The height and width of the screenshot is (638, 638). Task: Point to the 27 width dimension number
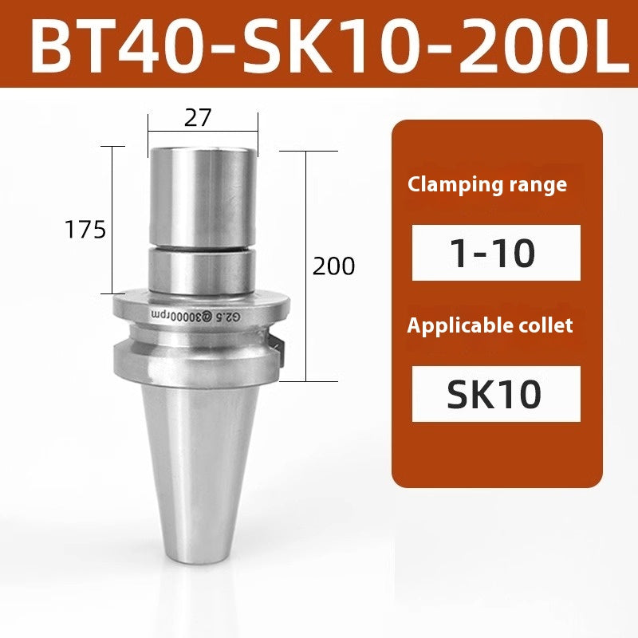tap(198, 118)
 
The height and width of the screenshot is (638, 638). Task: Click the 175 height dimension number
tap(85, 230)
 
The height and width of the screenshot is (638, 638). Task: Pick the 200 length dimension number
tap(333, 266)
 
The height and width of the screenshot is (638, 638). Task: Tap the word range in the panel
tap(538, 185)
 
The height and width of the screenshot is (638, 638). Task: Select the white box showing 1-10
tap(496, 253)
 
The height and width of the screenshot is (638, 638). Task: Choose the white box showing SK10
tap(496, 394)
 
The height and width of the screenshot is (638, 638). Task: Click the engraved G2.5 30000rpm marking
tap(192, 315)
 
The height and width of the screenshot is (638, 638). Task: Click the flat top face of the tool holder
tap(203, 152)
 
